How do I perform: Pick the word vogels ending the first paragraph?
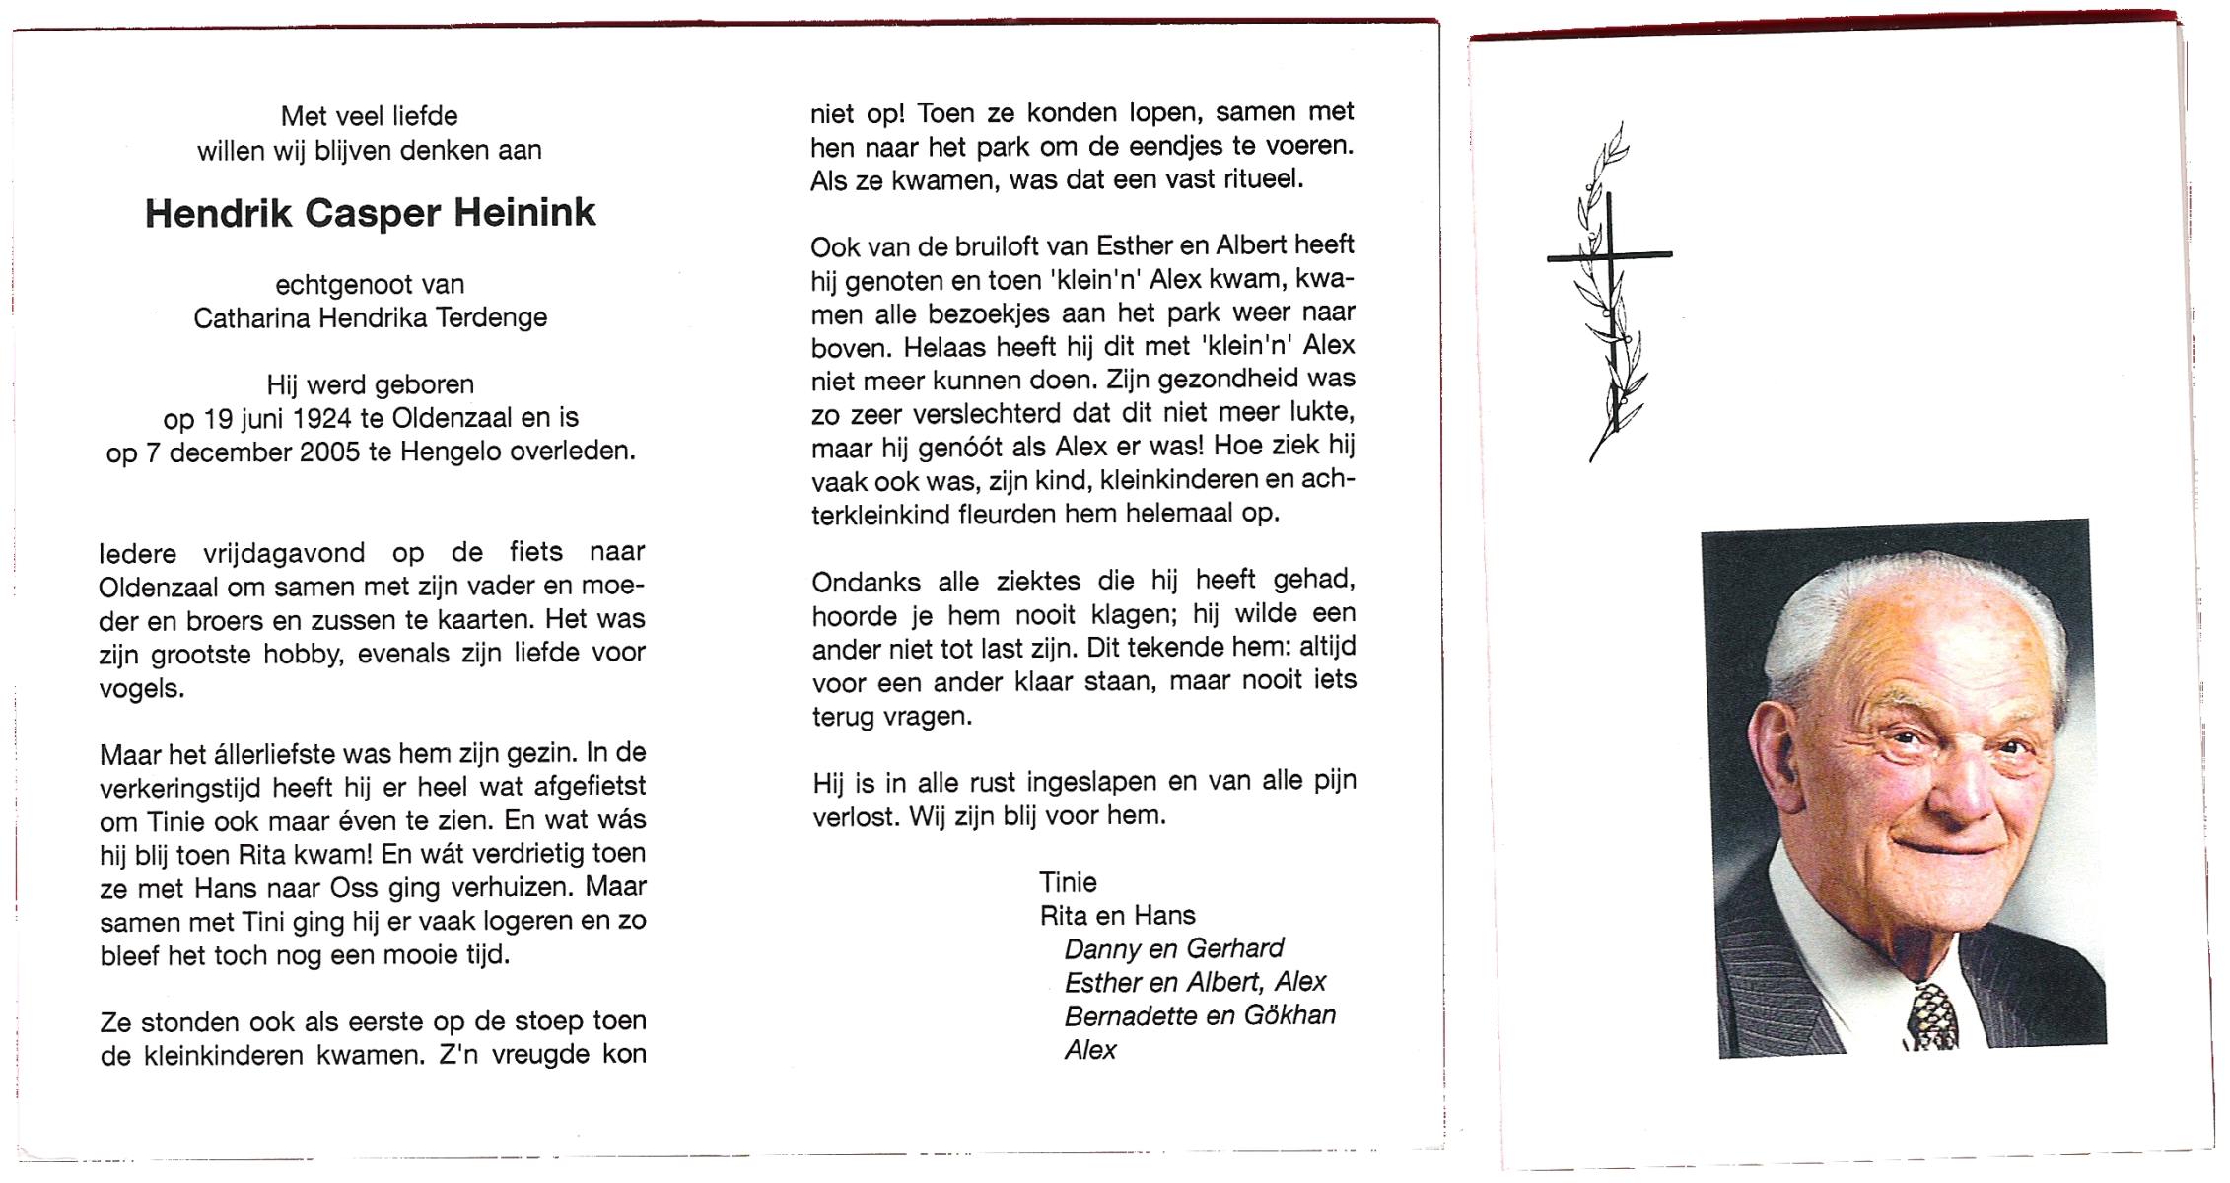tap(141, 688)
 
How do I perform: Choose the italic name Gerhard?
tap(1234, 948)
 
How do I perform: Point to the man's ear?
tap(1772, 749)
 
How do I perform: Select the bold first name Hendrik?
tap(218, 213)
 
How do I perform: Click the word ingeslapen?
tap(1092, 783)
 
